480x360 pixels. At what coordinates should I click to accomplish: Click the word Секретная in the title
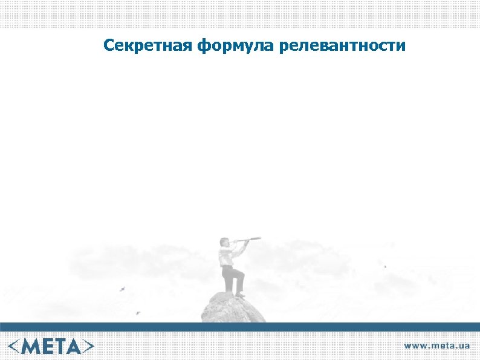[148, 45]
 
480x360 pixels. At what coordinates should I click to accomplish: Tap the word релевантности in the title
[342, 45]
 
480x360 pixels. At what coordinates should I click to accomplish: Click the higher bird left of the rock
[123, 289]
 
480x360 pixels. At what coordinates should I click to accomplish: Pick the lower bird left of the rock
[137, 313]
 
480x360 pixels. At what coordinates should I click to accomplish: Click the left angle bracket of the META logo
[15, 346]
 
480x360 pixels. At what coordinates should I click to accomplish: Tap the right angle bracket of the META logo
[89, 346]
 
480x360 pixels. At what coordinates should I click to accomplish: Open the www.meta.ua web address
[436, 346]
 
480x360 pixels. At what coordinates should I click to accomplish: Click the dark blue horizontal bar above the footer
[240, 327]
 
